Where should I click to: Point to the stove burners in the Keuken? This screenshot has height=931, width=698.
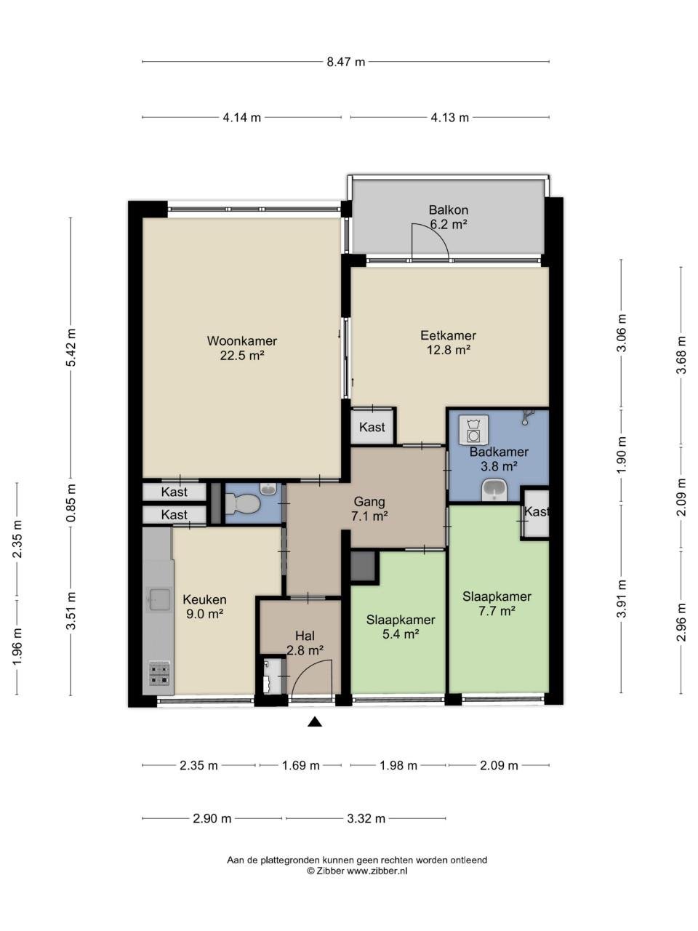[x=159, y=674]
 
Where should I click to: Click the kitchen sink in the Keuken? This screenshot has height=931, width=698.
[x=158, y=599]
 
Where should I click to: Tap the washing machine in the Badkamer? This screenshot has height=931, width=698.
[x=473, y=431]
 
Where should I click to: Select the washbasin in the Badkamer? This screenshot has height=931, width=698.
[x=495, y=491]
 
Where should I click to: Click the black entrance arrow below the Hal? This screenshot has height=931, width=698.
[x=314, y=722]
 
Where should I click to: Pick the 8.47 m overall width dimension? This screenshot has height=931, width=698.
[x=345, y=62]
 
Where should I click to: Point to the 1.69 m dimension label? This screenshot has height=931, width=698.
[x=300, y=765]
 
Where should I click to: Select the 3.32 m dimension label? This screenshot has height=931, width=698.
[x=366, y=818]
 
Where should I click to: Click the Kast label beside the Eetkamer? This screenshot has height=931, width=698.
[x=372, y=428]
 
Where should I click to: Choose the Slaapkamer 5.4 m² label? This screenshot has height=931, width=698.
[x=401, y=627]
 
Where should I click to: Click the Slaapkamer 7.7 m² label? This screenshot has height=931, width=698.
[x=497, y=604]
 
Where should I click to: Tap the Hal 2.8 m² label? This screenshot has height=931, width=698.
[x=305, y=643]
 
